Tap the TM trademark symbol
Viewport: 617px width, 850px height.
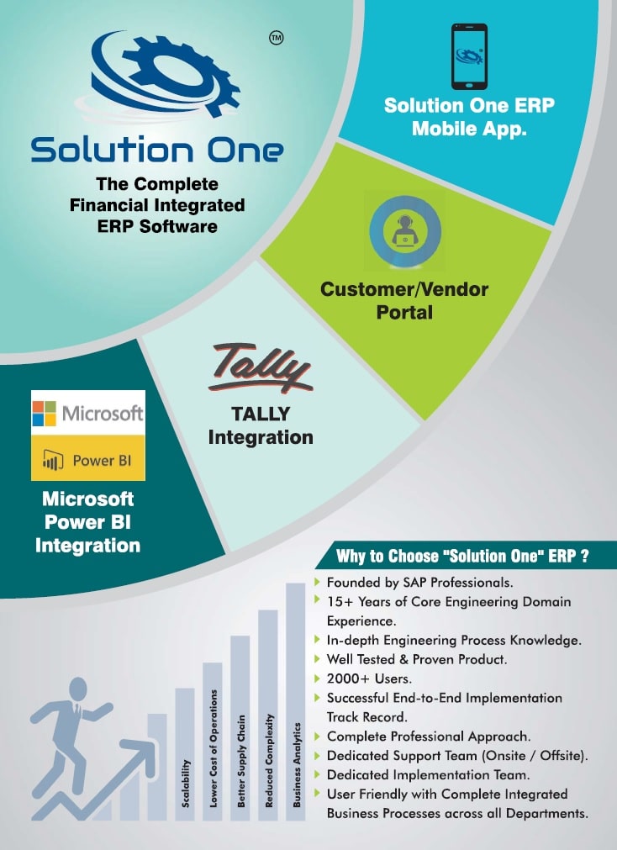pos(277,38)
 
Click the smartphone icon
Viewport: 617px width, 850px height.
pos(470,56)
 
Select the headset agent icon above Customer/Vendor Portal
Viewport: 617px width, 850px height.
pos(405,231)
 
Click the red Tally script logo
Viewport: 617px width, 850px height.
pos(261,368)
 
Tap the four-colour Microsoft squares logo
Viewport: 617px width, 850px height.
pos(45,414)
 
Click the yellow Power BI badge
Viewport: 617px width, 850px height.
pos(87,458)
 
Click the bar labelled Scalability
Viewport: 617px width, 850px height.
pos(185,754)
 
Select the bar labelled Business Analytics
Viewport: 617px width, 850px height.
pos(296,702)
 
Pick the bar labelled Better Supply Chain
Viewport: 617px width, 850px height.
pos(240,728)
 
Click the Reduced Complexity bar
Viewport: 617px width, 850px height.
pos(268,715)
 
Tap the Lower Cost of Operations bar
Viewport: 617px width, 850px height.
pos(213,742)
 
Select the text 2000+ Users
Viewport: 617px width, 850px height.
pos(369,678)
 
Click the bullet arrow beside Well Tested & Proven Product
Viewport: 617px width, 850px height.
pos(317,659)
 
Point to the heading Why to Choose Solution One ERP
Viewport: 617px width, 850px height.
pos(462,557)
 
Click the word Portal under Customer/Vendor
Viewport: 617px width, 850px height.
pos(404,312)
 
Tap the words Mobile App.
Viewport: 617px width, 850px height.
pos(469,129)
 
